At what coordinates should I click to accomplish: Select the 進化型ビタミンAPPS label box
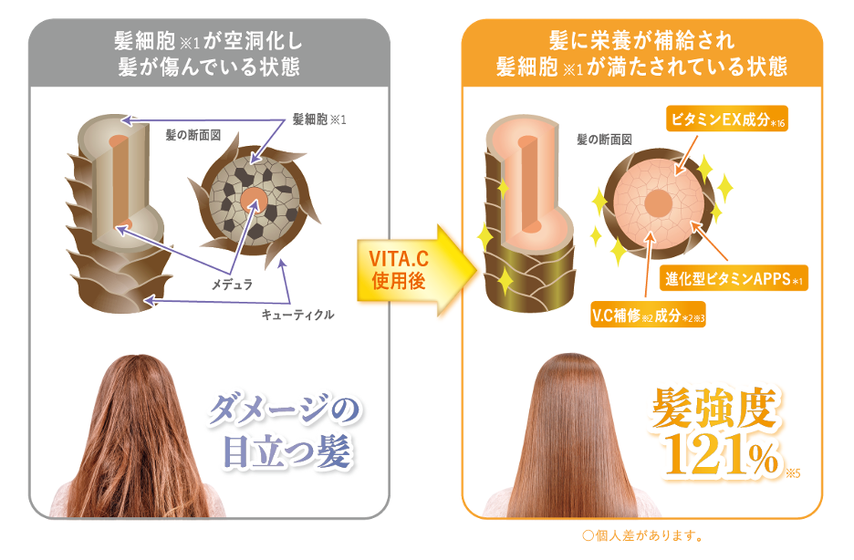pyautogui.click(x=733, y=278)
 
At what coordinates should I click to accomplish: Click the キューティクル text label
pyautogui.click(x=297, y=315)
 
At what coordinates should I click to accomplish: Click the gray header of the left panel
pyautogui.click(x=209, y=54)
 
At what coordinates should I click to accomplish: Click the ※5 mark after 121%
pyautogui.click(x=791, y=472)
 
